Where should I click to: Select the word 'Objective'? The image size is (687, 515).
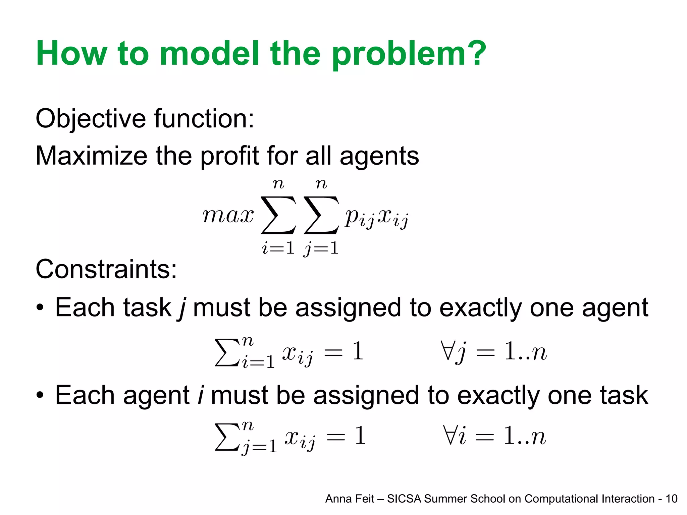[x=91, y=119]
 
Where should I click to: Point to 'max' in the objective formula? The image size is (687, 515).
[x=228, y=215]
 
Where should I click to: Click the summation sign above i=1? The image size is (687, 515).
[x=278, y=215]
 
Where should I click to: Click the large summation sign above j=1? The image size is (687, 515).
[x=321, y=215]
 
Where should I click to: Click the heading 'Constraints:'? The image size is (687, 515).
[x=106, y=269]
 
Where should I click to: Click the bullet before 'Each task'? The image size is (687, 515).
[x=40, y=308]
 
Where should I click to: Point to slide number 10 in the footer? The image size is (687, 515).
[x=671, y=499]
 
